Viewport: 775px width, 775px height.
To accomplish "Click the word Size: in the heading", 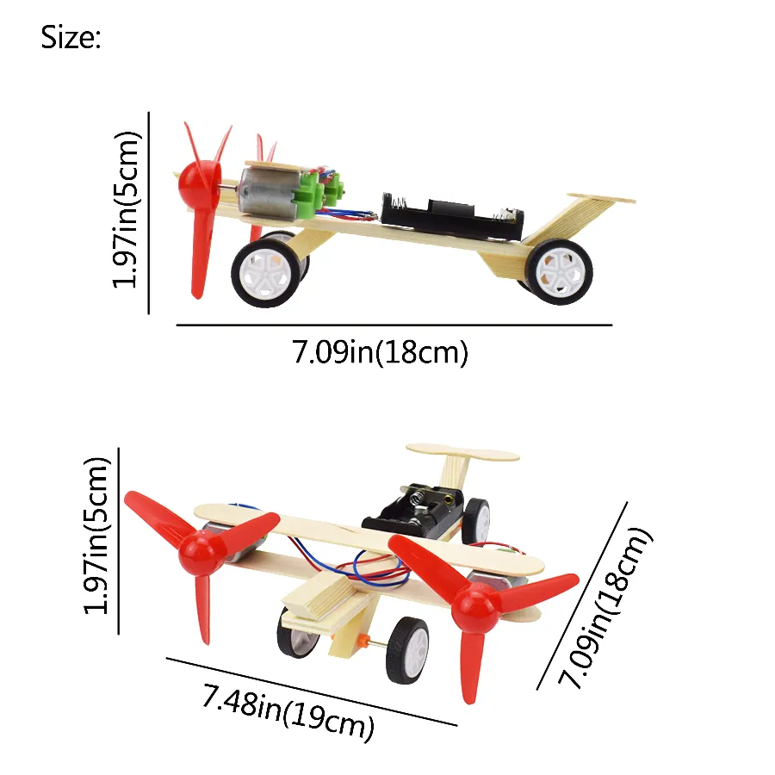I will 71,39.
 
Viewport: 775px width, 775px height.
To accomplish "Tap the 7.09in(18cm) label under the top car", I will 380,353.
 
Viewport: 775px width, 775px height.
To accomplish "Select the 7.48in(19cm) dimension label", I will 288,709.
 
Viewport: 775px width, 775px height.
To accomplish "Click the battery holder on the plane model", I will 413,512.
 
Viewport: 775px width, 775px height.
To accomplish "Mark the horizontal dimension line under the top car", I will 394,325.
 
